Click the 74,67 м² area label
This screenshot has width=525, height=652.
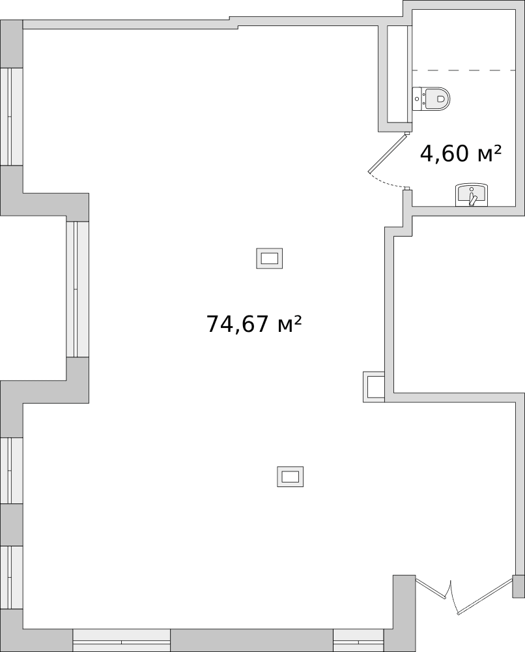tap(253, 323)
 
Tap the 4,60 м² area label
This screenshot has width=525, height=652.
tap(461, 154)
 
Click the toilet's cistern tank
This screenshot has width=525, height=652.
tap(419, 99)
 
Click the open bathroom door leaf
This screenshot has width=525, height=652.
tap(388, 154)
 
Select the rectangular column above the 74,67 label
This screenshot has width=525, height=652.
tap(269, 259)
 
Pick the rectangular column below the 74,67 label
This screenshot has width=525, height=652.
tap(290, 477)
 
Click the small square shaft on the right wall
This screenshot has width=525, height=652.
tap(375, 387)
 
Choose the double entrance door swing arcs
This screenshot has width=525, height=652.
tap(456, 597)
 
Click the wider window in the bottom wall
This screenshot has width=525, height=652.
tap(121, 640)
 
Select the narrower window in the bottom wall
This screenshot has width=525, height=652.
tap(359, 640)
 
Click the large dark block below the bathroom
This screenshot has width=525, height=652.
tap(459, 305)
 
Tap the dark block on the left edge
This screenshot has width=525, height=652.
tap(33, 297)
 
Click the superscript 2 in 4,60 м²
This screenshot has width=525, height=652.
tap(496, 149)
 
